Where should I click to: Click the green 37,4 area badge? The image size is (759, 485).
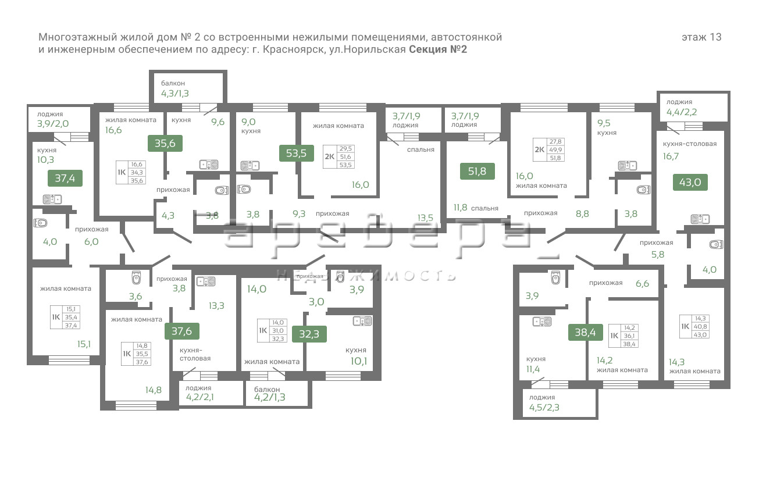[65, 178]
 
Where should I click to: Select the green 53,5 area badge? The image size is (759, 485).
[297, 153]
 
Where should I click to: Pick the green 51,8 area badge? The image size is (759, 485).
[476, 172]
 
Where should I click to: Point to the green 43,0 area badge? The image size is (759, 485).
[690, 182]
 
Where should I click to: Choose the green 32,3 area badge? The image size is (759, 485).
[309, 334]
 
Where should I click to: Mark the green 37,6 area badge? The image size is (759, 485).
[182, 331]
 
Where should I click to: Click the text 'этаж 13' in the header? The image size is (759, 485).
[701, 37]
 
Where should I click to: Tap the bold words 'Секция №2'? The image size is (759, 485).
[438, 49]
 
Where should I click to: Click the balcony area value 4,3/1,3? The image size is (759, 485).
[175, 94]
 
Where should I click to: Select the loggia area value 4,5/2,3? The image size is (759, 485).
[544, 408]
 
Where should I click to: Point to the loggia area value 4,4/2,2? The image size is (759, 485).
[682, 112]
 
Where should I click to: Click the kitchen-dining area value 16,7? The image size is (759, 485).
[672, 156]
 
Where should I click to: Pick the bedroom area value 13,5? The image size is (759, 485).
[425, 217]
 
